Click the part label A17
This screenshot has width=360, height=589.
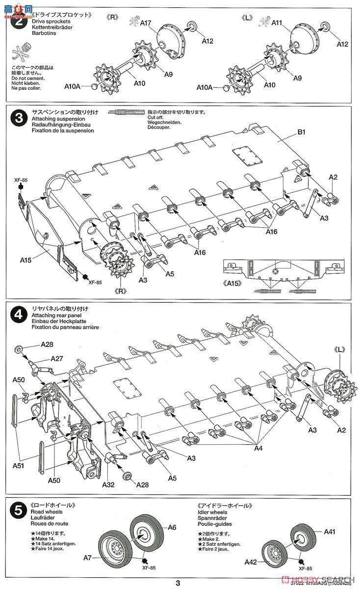146,23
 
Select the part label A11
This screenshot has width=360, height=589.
277,23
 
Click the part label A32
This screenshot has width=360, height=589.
109,484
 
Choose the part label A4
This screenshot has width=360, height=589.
258,448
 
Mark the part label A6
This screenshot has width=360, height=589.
171,527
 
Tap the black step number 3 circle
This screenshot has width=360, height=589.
18,118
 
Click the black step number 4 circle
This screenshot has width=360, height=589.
18,315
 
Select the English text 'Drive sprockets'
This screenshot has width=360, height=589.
51,22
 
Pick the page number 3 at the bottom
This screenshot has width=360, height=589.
178,583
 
